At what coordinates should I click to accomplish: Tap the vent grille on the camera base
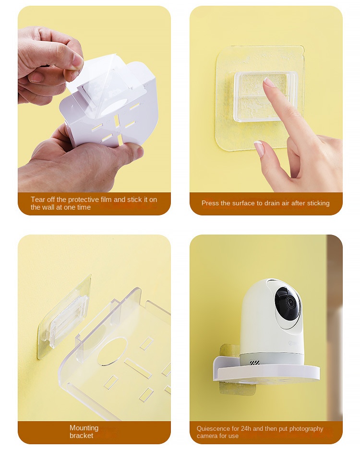click(254, 363)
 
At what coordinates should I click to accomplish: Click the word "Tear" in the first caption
click(38, 200)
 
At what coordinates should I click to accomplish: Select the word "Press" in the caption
click(210, 203)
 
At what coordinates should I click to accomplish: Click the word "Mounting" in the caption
click(84, 428)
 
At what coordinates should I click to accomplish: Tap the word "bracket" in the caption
click(81, 436)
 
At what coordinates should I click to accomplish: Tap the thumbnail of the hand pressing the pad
click(259, 149)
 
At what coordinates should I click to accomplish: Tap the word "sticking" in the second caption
click(318, 203)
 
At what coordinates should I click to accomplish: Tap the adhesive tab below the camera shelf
click(238, 388)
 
